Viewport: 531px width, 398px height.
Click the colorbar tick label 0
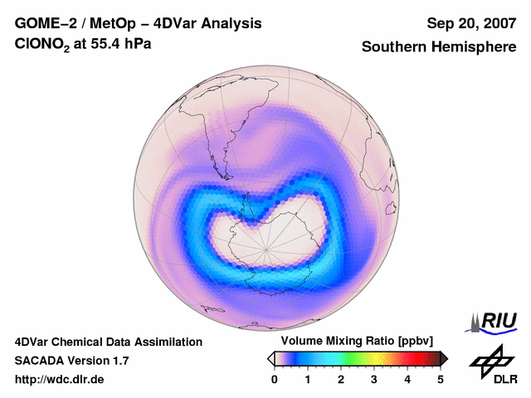click(x=275, y=379)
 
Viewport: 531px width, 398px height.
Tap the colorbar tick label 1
click(x=308, y=379)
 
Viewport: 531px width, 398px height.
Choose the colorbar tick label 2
click(x=341, y=379)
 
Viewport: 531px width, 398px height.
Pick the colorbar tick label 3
click(x=374, y=379)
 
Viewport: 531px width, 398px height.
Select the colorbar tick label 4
click(x=407, y=379)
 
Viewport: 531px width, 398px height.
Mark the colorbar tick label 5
click(x=441, y=379)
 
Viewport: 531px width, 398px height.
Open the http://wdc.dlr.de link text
click(x=60, y=380)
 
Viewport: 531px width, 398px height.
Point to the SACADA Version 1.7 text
click(x=71, y=361)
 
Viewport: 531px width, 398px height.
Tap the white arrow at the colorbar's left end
click(x=271, y=357)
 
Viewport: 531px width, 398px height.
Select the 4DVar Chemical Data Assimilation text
click(x=108, y=342)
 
